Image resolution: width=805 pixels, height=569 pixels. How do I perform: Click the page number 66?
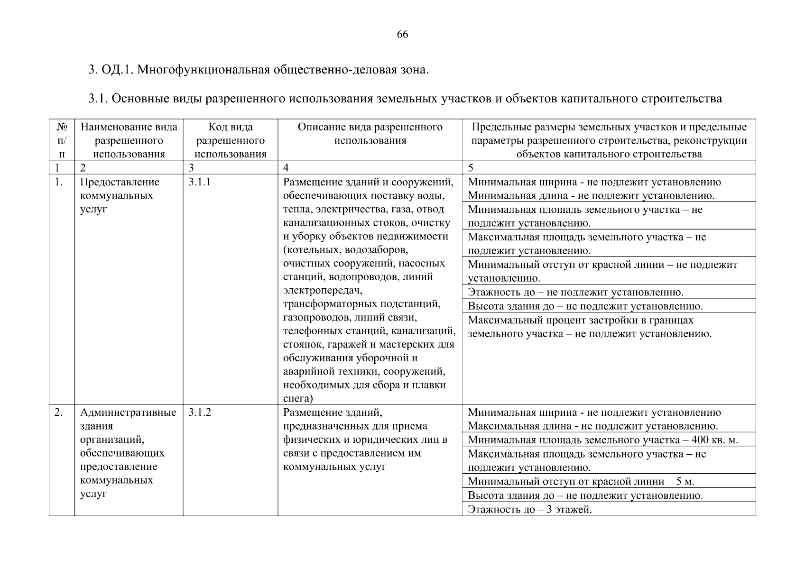click(x=402, y=35)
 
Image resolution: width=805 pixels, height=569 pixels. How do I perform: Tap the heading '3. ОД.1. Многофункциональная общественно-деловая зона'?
click(x=258, y=70)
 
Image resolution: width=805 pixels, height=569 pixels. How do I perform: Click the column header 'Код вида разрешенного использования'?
click(x=230, y=140)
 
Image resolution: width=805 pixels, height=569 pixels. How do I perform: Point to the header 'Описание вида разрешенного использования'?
click(x=370, y=134)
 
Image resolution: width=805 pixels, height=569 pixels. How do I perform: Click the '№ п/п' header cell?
click(x=62, y=140)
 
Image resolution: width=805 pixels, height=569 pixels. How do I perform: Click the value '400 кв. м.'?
click(x=714, y=440)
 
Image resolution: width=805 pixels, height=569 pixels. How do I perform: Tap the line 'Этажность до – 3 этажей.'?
click(x=530, y=510)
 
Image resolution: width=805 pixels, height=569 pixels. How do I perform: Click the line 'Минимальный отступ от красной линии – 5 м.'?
click(x=581, y=482)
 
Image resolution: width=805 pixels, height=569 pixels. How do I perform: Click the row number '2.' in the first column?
click(x=58, y=413)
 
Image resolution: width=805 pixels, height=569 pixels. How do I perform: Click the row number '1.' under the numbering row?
click(x=58, y=182)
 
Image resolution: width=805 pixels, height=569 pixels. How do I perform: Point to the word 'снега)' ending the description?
click(x=298, y=398)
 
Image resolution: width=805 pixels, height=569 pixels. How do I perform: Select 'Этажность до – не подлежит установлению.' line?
click(x=575, y=292)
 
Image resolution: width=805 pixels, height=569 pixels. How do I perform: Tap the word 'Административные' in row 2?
click(x=128, y=413)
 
